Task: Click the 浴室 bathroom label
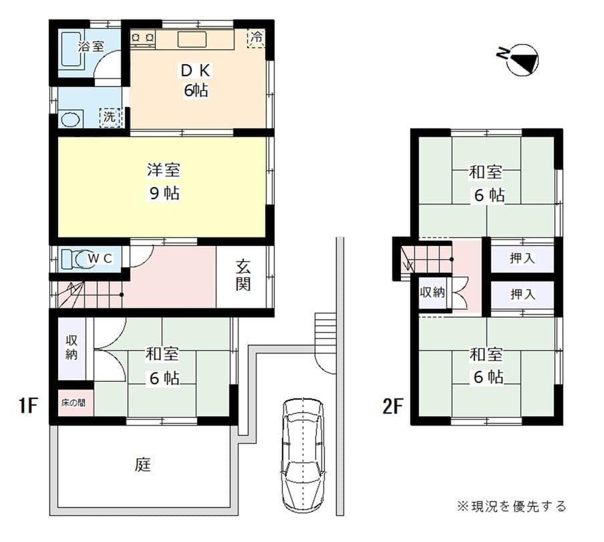[91, 47]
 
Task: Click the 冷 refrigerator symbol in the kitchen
[256, 38]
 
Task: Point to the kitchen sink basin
[192, 39]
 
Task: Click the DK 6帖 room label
[196, 80]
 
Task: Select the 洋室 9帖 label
[163, 182]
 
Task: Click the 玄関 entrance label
[243, 275]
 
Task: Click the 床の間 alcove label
[73, 404]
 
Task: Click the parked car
[303, 451]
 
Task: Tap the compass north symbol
[520, 59]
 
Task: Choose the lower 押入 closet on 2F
[522, 295]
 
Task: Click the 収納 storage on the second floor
[431, 293]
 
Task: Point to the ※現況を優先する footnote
[512, 506]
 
